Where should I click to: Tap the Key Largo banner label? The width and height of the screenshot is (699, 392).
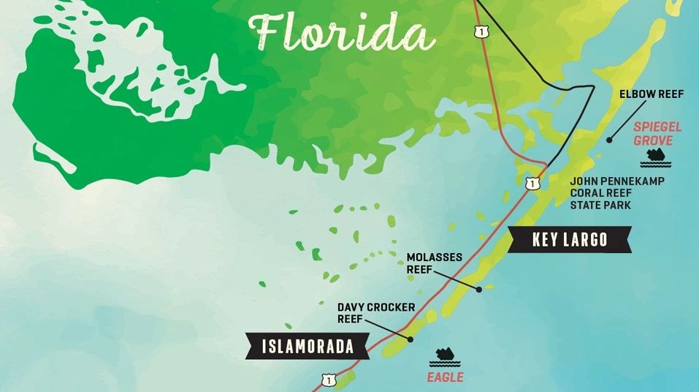[569, 240]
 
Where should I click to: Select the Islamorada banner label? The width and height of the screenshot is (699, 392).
[308, 346]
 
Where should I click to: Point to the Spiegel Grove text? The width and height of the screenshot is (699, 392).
[657, 133]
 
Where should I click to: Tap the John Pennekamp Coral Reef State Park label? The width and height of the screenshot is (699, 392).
[617, 193]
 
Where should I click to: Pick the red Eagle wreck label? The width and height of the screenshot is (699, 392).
[446, 377]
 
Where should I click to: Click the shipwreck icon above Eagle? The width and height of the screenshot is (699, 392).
[445, 356]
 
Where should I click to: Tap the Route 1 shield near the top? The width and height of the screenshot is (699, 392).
[480, 31]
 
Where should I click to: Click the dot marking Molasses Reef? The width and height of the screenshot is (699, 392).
[479, 289]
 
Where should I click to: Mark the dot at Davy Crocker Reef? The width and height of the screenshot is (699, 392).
[410, 339]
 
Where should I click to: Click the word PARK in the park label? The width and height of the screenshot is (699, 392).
[616, 206]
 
